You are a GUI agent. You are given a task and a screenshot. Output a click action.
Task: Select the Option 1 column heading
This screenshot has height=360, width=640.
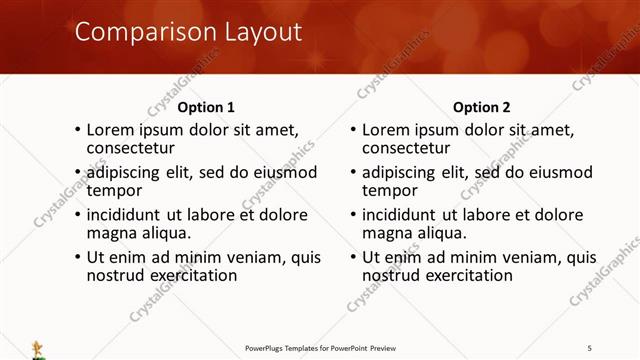click(x=207, y=107)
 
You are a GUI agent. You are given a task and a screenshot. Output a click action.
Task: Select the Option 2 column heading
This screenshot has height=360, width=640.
click(x=482, y=107)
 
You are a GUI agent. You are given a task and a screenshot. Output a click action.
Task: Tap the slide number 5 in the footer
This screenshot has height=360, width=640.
click(x=589, y=347)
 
